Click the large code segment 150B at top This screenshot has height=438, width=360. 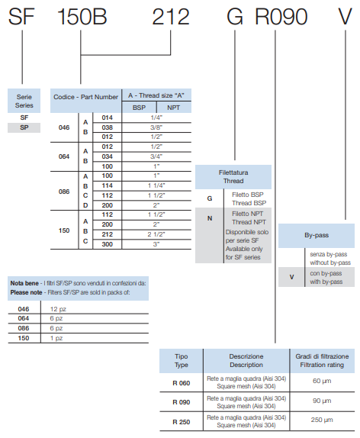click(82, 17)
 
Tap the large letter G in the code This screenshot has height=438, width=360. click(235, 17)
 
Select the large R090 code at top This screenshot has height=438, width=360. click(281, 17)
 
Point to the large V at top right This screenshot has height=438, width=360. click(345, 17)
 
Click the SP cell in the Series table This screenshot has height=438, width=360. click(24, 127)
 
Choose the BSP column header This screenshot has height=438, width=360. click(139, 108)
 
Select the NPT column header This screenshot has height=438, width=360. click(173, 108)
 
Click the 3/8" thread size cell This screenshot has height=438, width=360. click(156, 127)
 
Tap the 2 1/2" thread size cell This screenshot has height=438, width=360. click(156, 234)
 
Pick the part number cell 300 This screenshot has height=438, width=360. click(108, 244)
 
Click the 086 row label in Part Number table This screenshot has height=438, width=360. click(64, 192)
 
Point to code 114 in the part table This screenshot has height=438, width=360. click(108, 185)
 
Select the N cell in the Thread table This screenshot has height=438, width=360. click(210, 218)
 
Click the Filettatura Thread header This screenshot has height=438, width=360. click(233, 177)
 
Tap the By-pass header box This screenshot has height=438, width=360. click(317, 236)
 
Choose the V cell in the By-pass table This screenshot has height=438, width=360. click(291, 277)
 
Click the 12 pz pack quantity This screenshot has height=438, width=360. click(58, 309)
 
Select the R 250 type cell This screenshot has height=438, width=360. click(182, 422)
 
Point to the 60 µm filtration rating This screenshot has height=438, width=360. click(322, 381)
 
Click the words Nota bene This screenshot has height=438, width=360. click(24, 283)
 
